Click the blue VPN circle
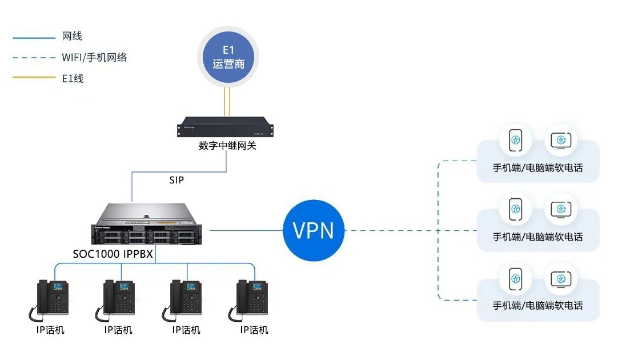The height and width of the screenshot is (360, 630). [x=314, y=230]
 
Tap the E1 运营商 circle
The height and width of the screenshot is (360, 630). [x=232, y=58]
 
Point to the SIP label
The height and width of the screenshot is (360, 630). [x=177, y=180]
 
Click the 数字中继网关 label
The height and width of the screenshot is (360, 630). [x=227, y=146]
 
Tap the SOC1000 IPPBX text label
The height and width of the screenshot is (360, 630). [x=113, y=254]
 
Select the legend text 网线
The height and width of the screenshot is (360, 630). [x=72, y=37]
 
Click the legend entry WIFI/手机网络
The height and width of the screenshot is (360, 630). [x=94, y=57]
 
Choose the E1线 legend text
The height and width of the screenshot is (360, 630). [x=73, y=78]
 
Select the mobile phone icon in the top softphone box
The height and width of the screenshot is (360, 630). [x=515, y=141]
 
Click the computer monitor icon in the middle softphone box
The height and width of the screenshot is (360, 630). [x=560, y=209]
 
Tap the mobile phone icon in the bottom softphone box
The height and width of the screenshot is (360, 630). [x=515, y=279]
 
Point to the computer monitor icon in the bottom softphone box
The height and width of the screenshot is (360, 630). [x=560, y=279]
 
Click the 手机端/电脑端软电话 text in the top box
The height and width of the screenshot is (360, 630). [x=537, y=169]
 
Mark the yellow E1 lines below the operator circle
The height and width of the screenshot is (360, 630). [x=227, y=101]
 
